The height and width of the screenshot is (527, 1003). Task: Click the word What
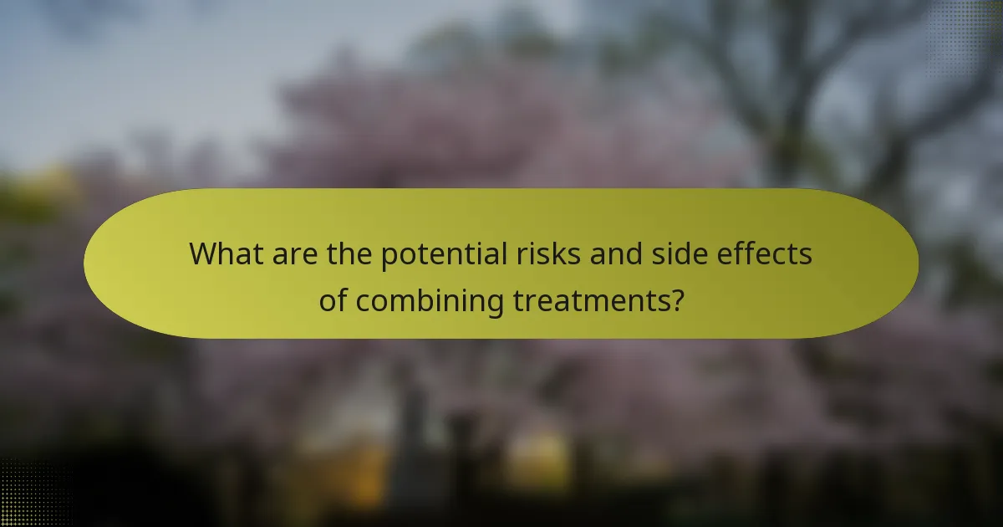point(226,253)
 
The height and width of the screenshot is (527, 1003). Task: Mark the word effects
point(766,253)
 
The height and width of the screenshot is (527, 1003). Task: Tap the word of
point(333,300)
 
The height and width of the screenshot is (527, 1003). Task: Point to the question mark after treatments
point(676,300)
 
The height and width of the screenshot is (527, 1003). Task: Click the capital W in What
point(204,253)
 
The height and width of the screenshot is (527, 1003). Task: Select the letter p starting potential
point(389,257)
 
